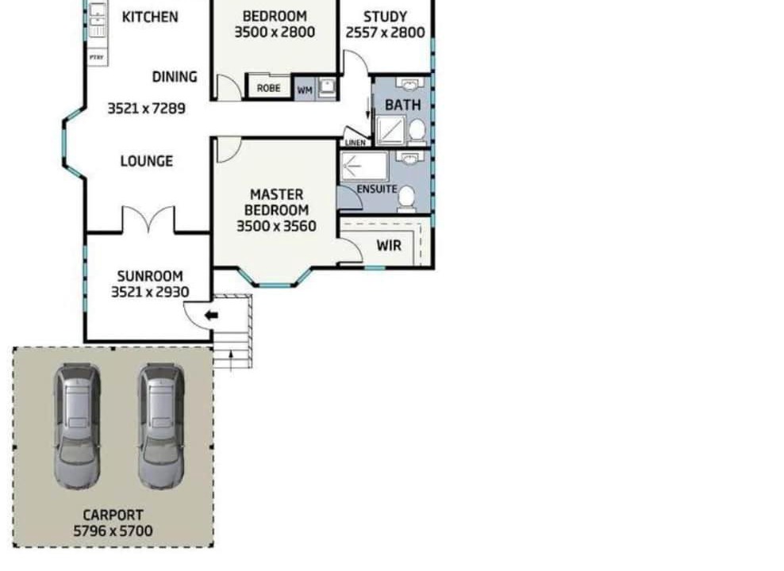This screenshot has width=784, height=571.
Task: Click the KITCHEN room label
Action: [150, 17]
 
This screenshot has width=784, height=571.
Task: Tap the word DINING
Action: [175, 77]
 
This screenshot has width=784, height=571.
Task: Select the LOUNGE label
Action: [147, 161]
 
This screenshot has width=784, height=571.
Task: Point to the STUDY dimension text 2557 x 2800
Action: [385, 33]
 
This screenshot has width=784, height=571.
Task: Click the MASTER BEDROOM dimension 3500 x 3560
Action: [276, 226]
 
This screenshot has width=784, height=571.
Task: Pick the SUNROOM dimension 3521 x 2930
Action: [150, 293]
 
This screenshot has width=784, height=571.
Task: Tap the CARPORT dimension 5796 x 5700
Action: [113, 531]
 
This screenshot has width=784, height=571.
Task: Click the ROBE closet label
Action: [268, 88]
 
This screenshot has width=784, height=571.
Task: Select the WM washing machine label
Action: [305, 90]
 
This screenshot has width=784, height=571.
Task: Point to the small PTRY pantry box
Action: [97, 58]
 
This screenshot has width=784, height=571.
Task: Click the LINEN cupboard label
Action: [355, 143]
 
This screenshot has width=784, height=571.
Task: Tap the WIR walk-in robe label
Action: [389, 246]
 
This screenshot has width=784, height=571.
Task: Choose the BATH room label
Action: [403, 105]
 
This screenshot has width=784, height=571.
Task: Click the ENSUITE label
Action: [377, 190]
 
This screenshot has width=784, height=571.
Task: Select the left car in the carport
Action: [78, 426]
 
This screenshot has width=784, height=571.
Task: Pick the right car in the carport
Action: [161, 426]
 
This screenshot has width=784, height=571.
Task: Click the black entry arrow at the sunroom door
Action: [212, 316]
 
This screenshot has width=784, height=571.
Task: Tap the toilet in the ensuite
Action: [406, 197]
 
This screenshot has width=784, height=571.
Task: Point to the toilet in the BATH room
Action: [417, 132]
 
